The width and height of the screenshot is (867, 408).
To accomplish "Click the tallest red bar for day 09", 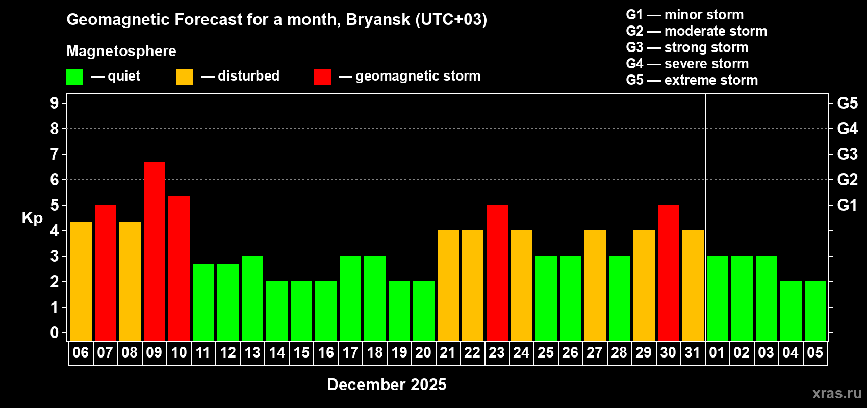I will tap(155, 251).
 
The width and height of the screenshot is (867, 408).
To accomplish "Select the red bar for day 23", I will tap(497, 272).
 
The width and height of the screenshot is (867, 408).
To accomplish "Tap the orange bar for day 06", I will tap(81, 281).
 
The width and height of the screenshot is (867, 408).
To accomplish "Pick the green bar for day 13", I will tap(252, 298).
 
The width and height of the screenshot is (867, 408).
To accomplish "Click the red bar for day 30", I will tap(669, 272).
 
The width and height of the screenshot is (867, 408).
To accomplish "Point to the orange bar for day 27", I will tap(595, 285).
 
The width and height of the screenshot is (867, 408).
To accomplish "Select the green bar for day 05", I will tap(815, 311).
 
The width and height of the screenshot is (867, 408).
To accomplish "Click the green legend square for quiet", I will tap(75, 77).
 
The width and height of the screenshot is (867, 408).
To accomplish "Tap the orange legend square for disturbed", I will tap(185, 77).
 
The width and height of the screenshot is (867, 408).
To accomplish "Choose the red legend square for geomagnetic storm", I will tap(322, 77).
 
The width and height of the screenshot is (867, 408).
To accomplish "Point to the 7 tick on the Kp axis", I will tap(55, 154).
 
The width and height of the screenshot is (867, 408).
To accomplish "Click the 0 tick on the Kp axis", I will tap(55, 333).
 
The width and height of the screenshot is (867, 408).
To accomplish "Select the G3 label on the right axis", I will tap(847, 154).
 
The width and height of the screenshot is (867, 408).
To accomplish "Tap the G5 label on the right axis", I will tap(847, 103).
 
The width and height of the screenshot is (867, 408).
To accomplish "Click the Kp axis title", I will tap(32, 218).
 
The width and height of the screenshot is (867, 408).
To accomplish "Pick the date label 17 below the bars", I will tap(350, 352).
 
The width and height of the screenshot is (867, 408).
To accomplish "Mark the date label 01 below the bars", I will tap(717, 352).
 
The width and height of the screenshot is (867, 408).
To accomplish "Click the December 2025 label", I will tap(387, 385).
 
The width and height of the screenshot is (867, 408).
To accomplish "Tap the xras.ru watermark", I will tap(837, 393).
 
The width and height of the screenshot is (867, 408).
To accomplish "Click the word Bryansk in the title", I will tap(378, 20).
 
